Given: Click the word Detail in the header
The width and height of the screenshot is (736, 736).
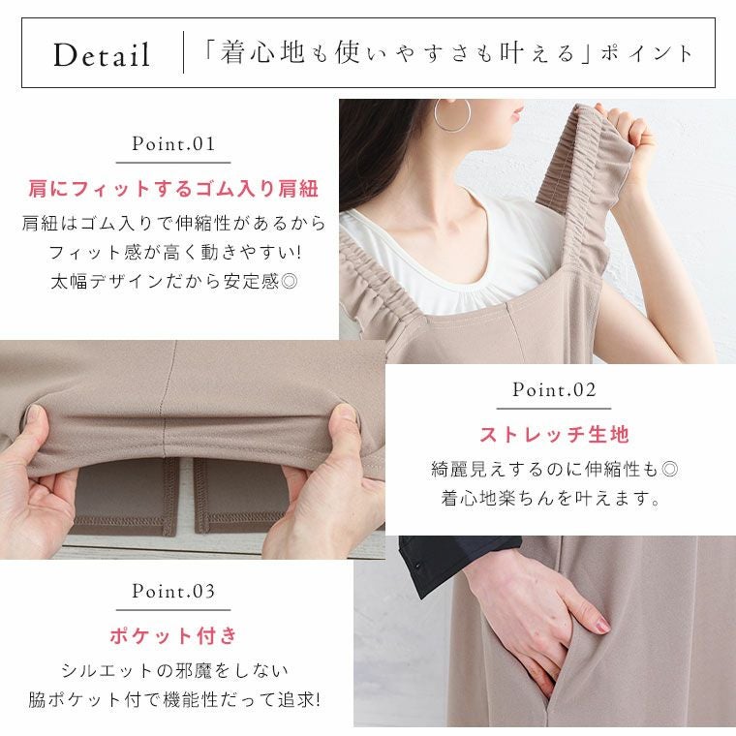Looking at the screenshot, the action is pos(102,54).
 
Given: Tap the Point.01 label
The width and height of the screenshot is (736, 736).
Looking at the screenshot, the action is pos(173,143).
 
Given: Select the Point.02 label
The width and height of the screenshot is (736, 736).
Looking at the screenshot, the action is pos(554,389).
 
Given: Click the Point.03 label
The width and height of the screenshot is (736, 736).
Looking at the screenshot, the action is pos(173,591).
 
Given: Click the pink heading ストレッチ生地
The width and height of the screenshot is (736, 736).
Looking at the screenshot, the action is pos(554,434).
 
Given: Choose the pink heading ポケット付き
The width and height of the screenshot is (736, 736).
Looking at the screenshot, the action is pos(173,635).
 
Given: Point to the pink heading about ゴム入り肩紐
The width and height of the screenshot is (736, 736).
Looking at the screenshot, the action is pos(173,189).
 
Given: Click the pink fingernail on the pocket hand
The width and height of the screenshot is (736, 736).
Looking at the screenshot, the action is pos(601,625).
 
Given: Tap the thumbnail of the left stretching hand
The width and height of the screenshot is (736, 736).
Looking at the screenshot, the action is pos(35,414).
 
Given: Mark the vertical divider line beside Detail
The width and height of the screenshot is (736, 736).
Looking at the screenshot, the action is pos(183,52).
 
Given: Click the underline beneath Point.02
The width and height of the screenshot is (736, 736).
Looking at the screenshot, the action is pos(554,409).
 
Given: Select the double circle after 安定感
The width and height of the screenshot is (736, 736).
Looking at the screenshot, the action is pos(290,281).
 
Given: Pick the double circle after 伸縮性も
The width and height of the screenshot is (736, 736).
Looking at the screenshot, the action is pos(670,469).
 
